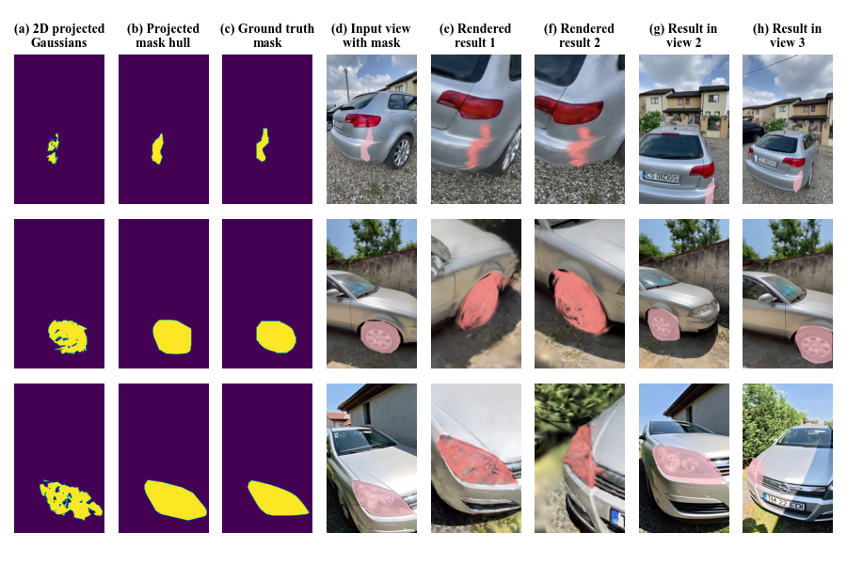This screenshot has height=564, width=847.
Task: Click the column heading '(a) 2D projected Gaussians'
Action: click(59, 35)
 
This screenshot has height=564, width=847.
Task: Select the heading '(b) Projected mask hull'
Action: click(163, 35)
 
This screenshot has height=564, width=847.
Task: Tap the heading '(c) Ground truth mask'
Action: click(267, 35)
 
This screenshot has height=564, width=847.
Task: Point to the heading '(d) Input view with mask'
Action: click(371, 35)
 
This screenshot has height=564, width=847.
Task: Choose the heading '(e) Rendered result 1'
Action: click(475, 35)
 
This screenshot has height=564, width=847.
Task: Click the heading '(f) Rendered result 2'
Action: click(579, 35)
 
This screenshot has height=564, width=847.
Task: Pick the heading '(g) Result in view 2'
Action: click(683, 35)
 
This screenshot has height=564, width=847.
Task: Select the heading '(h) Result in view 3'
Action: click(787, 35)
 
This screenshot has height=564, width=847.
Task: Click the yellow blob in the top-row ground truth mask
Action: click(262, 145)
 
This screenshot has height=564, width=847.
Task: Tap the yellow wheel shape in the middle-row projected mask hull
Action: click(172, 337)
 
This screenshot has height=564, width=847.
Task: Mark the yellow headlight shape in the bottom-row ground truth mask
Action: click(276, 498)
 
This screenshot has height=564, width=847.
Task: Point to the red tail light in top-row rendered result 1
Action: click(470, 104)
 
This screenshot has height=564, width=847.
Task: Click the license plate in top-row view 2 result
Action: click(661, 177)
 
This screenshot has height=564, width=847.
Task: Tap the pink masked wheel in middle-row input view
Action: click(380, 337)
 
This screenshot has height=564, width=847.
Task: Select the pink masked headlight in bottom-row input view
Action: click(383, 497)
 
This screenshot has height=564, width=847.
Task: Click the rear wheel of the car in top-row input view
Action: click(401, 152)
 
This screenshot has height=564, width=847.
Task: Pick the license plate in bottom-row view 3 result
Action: click(784, 502)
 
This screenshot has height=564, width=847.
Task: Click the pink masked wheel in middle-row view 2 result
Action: click(663, 324)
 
